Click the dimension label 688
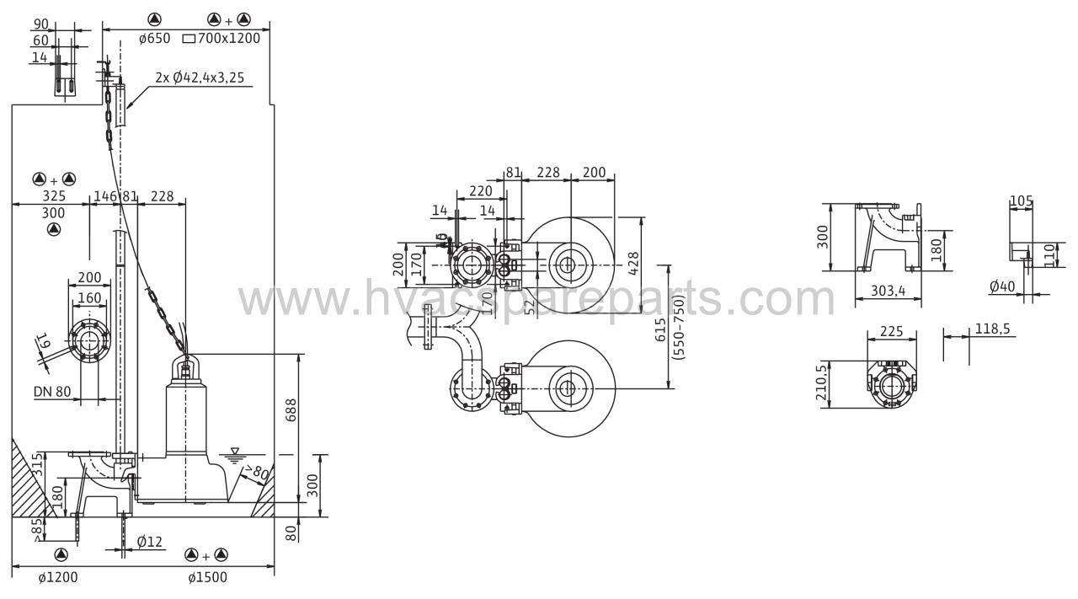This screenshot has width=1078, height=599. coord(291,410)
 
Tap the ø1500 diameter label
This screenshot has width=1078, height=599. coord(207,577)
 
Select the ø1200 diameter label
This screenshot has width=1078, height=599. coord(58,577)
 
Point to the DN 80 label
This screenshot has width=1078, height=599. coord(52,392)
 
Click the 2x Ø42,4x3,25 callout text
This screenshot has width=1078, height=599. coord(200,78)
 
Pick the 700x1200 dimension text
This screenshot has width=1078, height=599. coord(228,38)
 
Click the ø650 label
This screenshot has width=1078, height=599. coord(154,38)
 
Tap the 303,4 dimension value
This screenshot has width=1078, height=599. coord(888,291)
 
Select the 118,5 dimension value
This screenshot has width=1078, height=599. coord(992,329)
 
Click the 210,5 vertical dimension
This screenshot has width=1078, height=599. coord(821,382)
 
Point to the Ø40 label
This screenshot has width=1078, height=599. coord(1002,286)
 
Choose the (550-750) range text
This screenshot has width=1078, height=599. coord(679,328)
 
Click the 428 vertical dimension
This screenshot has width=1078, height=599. coord(634,264)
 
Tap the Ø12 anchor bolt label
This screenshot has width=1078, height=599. coord(150,542)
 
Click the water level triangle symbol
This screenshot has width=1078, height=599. coord(235,452)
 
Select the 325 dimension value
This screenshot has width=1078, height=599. coord(54,195)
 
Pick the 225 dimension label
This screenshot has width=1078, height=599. coord(892,331)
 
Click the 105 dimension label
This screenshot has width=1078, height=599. coord(1022,201)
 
